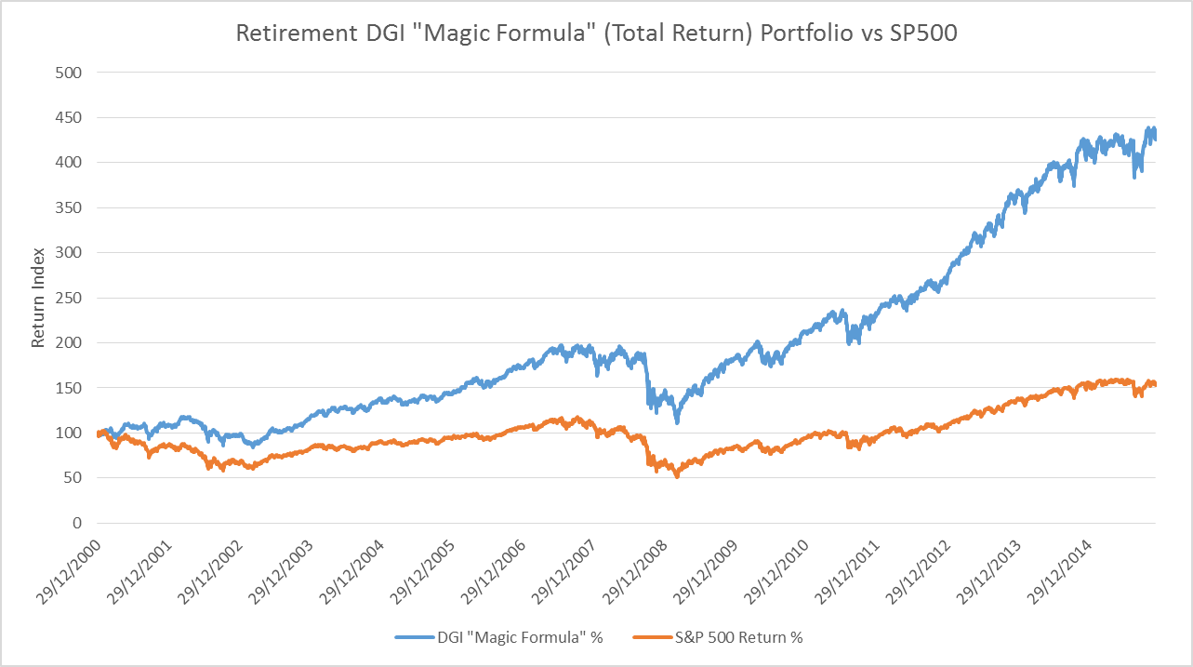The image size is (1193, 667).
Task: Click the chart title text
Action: pos(596,33)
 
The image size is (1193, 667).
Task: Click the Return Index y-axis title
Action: pos(38,298)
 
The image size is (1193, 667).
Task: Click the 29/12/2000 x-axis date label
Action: pos(65,567)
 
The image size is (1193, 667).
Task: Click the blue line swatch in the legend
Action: pos(414,637)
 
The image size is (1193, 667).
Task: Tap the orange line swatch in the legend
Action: pos(651,637)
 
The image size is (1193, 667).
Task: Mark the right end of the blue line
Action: pos(1155,139)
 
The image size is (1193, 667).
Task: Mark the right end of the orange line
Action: pos(1155,384)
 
